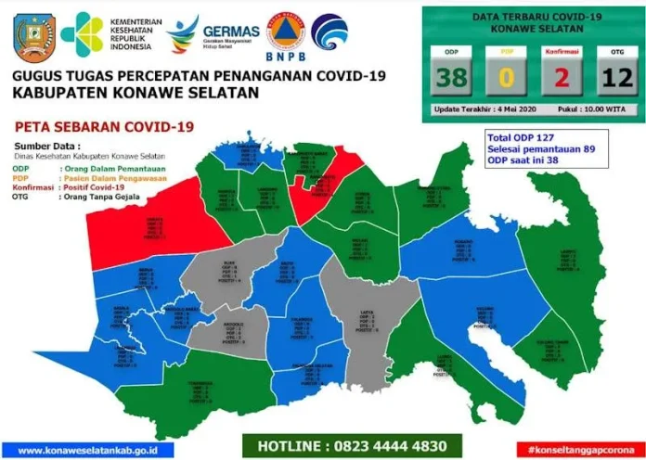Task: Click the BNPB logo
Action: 285,33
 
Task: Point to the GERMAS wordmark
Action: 230,32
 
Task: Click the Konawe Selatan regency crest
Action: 35,34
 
